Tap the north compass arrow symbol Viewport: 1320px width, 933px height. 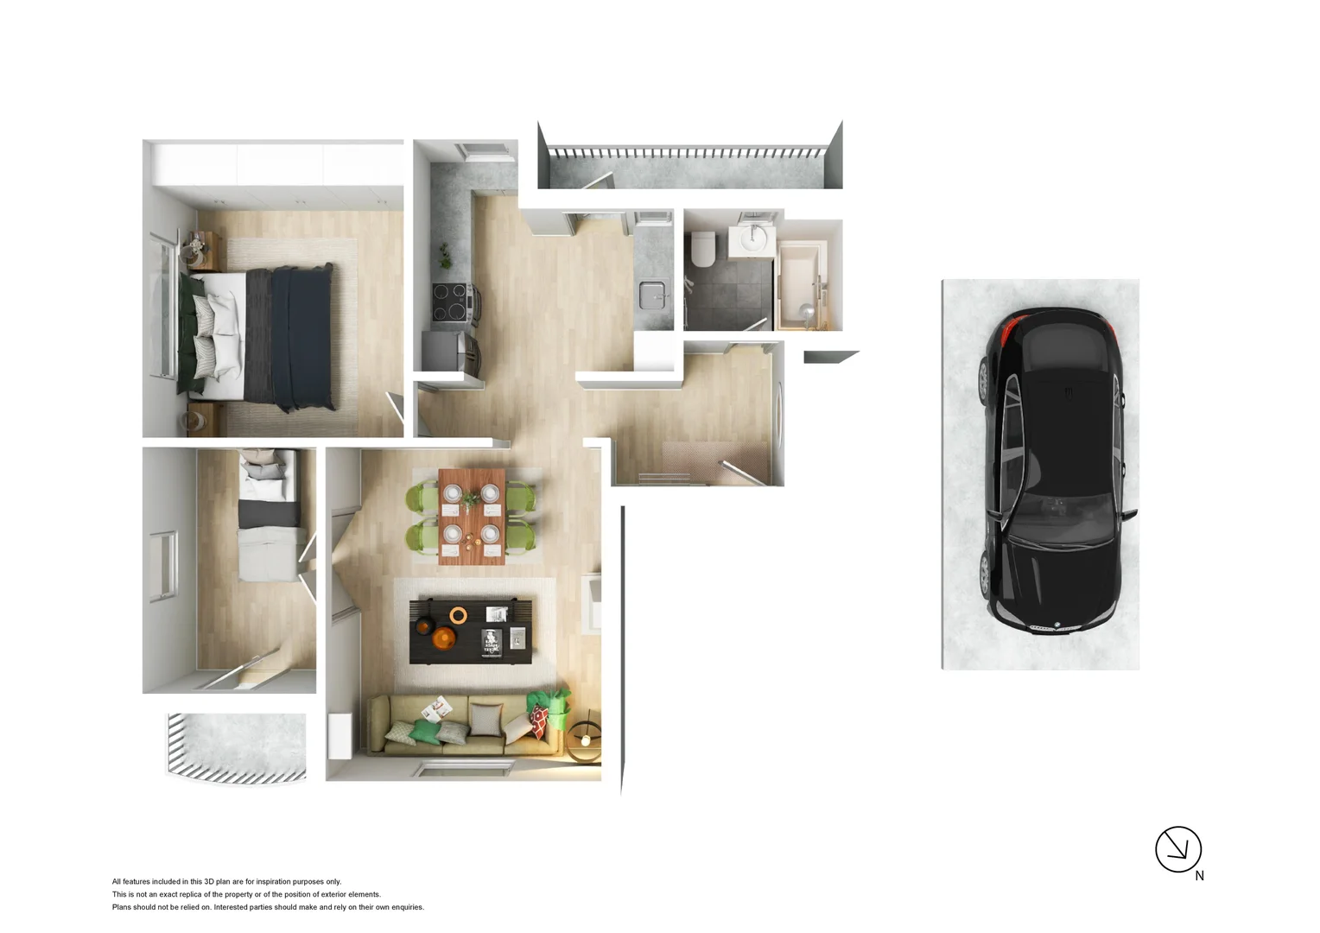click(x=1177, y=848)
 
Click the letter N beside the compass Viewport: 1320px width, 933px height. click(x=1199, y=876)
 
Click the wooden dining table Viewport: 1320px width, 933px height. click(x=471, y=516)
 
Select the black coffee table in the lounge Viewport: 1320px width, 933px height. click(x=471, y=631)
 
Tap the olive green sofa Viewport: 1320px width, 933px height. click(x=458, y=726)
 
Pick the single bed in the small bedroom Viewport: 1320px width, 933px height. click(x=270, y=518)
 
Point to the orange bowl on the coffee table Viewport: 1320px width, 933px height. click(x=444, y=638)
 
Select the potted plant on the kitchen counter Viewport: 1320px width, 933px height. click(x=445, y=255)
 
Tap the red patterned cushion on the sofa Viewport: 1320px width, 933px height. click(x=539, y=721)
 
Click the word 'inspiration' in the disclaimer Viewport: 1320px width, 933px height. click(x=272, y=882)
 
